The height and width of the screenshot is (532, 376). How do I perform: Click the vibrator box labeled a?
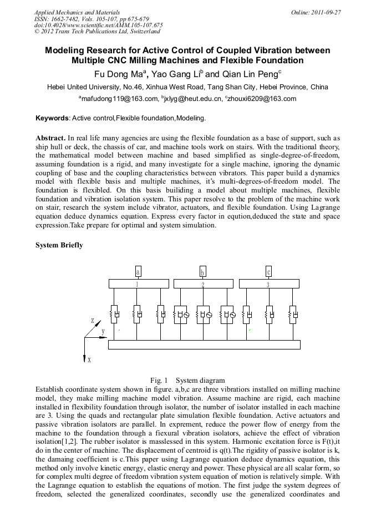pos(138,271)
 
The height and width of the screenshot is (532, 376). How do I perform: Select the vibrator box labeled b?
pos(203,271)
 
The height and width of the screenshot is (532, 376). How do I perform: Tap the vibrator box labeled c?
pos(268,271)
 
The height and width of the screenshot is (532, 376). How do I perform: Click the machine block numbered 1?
pos(138,284)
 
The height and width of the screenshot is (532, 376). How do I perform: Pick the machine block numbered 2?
pos(203,284)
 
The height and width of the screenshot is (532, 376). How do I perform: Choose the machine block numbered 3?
pos(268,284)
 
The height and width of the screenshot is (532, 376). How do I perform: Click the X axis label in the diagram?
pos(89,360)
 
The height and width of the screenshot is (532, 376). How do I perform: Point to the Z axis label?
pos(93,321)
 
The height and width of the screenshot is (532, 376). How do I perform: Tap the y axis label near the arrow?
pos(103,331)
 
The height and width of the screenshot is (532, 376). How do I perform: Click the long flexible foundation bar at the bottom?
pos(204,344)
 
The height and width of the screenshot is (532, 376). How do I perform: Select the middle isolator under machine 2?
pos(203,315)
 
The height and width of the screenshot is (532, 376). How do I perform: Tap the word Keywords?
pos(52,118)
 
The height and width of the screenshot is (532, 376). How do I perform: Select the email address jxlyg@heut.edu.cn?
pos(191,99)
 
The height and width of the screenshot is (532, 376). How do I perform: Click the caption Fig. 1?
pos(159,381)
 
